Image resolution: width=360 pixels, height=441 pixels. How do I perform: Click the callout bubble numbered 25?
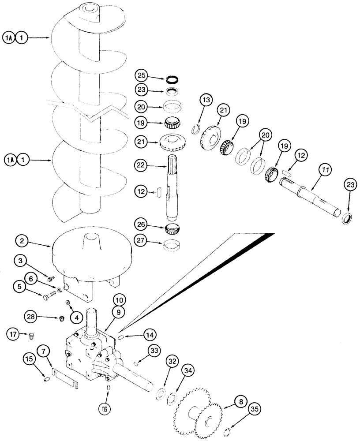[142, 75]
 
